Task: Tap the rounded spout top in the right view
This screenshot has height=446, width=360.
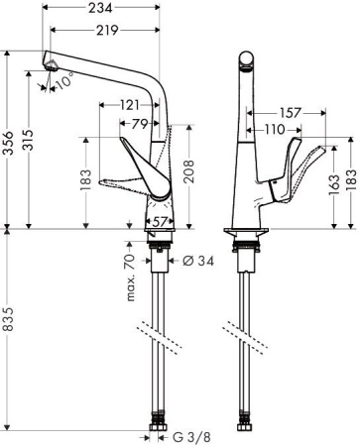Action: point(244,61)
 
